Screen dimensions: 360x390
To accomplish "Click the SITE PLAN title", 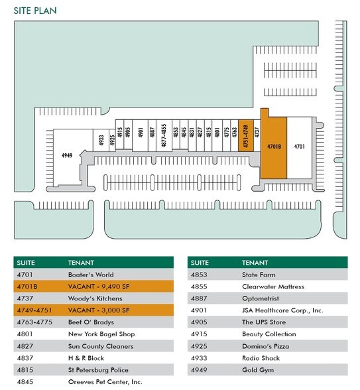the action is coord(35,11).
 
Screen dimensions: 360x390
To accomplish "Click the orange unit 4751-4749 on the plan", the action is coord(246,136).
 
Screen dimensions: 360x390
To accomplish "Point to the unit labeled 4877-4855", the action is coord(164,135).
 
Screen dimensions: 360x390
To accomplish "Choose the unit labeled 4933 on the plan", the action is coord(101,140).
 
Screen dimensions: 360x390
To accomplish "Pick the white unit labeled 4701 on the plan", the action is coord(300,148).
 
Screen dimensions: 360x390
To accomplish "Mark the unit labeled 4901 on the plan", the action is coord(141,135).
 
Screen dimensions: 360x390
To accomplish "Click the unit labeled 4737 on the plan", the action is coord(257,136).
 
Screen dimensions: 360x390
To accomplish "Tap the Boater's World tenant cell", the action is coord(91,275).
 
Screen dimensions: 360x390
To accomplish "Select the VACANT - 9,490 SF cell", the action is coord(99,287).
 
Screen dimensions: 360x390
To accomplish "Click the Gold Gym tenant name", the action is coord(258,370).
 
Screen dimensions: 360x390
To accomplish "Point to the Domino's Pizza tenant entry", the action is coord(265,346).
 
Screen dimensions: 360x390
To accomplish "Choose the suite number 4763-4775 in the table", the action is coord(34,322).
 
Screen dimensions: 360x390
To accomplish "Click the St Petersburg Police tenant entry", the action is coord(98,370).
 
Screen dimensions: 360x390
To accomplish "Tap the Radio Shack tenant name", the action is coord(261,358).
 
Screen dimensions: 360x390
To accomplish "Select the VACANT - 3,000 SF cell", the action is coord(99,310).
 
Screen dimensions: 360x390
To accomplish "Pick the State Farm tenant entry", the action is coord(259,275).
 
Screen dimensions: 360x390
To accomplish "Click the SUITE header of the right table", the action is coord(200,263).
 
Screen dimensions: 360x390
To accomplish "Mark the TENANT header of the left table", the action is coord(81,263).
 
